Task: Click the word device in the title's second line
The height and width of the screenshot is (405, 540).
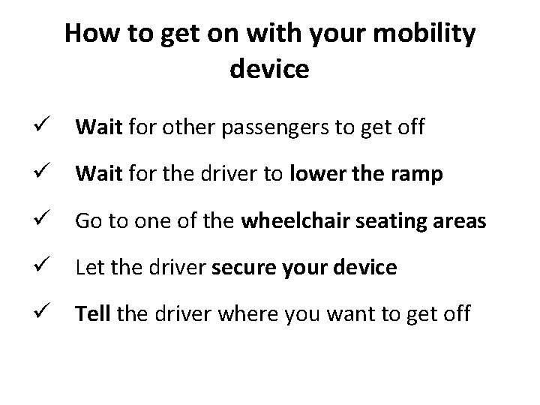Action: pos(269,69)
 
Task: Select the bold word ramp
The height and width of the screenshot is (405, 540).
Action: pos(418,175)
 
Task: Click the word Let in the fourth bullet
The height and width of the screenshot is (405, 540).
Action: pos(88,268)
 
